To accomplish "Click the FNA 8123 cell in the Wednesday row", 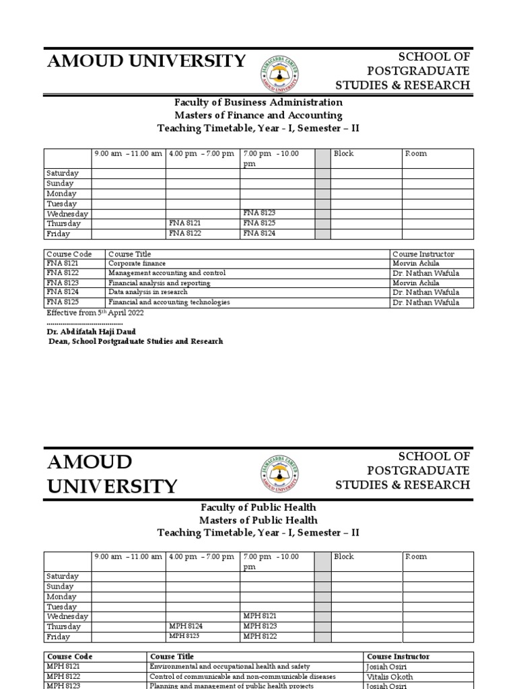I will [x=259, y=213].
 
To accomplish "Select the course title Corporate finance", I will [x=137, y=264].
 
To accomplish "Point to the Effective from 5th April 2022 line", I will [x=94, y=313].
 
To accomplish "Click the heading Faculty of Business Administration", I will [x=258, y=102].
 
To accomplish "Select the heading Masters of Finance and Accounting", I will [x=258, y=115].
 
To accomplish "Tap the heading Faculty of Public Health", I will [x=258, y=507].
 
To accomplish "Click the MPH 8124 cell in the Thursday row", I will [x=186, y=626].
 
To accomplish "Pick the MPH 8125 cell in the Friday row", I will [x=185, y=636].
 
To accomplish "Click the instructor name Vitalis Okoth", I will [x=390, y=677].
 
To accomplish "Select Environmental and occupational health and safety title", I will [x=230, y=666].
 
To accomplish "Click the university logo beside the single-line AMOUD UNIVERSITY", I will [x=279, y=73].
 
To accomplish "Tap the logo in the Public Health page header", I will [x=279, y=474].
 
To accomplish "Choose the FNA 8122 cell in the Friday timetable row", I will [x=185, y=233].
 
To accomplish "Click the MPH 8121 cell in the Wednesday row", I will [x=260, y=616].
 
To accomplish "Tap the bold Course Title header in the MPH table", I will [x=172, y=656].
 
